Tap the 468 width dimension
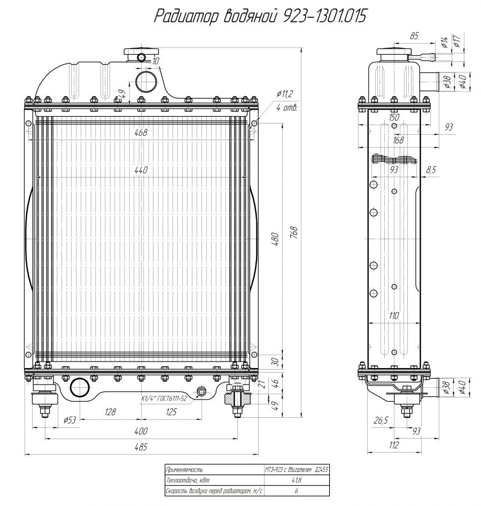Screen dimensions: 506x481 coord(141,132)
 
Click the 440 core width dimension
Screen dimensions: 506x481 coord(141,170)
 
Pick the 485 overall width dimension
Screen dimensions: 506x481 coord(141,448)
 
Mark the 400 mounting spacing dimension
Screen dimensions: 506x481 coord(141,431)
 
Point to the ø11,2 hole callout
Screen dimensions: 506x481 coord(284,95)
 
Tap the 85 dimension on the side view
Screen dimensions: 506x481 coord(414,36)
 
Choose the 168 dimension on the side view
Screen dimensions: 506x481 coord(398,140)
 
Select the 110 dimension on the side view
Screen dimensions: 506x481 coord(394,316)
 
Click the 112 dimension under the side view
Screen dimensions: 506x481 coord(393,445)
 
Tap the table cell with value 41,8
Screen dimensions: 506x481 coord(296,480)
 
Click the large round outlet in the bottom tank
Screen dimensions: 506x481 coord(80,387)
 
